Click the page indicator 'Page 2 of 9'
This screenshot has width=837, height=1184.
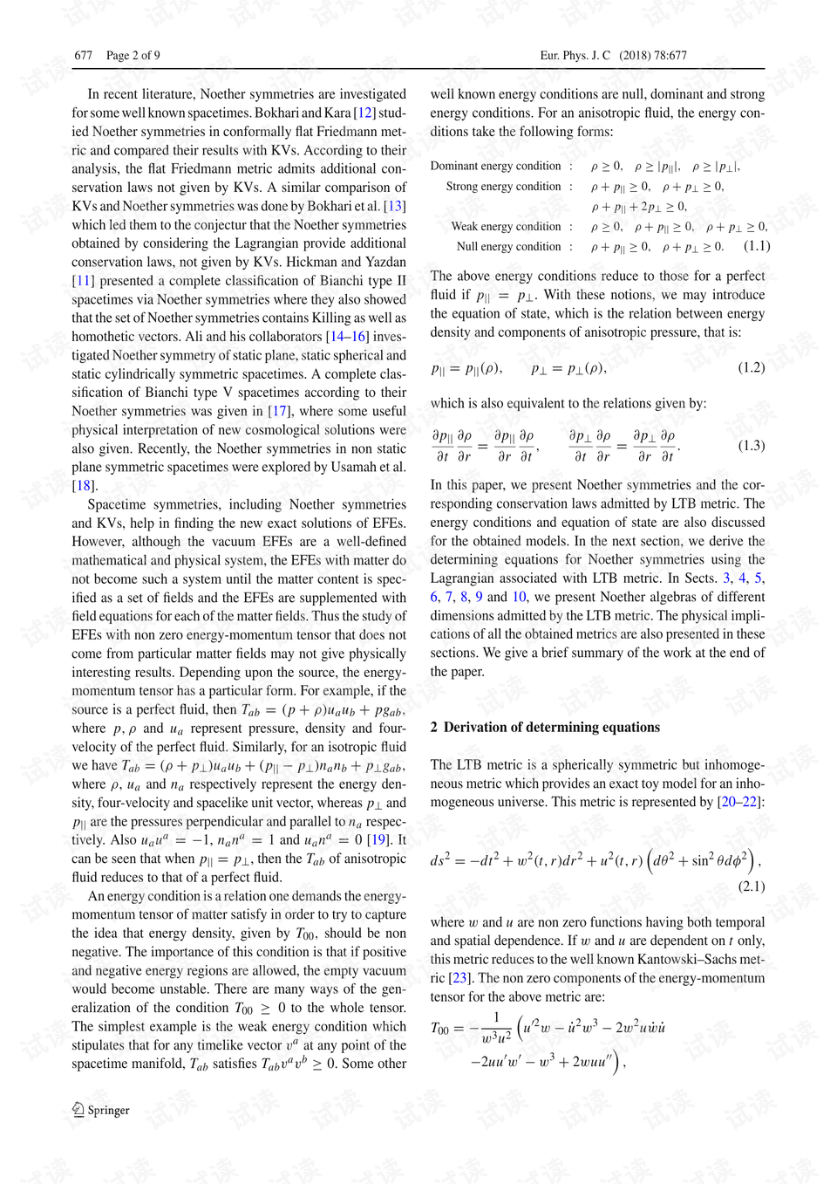pos(133,55)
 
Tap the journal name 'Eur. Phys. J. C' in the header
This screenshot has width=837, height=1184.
pos(575,55)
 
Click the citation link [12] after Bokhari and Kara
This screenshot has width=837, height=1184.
pos(364,113)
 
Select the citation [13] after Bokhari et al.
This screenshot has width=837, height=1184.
pos(395,206)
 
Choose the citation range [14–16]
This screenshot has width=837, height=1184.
pos(347,337)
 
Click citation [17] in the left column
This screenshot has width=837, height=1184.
pos(278,411)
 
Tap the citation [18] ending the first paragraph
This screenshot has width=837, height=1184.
pos(82,486)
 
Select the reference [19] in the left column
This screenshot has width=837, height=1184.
pos(378,839)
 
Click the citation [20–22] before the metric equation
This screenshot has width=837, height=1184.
pos(738,802)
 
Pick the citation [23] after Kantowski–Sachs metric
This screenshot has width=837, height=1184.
pos(459,978)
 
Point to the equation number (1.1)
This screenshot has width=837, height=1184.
pos(756,246)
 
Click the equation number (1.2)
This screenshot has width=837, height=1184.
pos(751,367)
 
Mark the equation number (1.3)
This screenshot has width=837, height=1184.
pos(751,445)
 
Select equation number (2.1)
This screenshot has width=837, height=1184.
pos(751,886)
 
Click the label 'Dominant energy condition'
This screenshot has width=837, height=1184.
pos(495,166)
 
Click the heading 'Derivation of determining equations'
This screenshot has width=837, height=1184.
pos(551,727)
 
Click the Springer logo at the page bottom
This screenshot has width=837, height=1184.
pos(100,1110)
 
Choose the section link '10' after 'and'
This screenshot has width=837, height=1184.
pos(518,597)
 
